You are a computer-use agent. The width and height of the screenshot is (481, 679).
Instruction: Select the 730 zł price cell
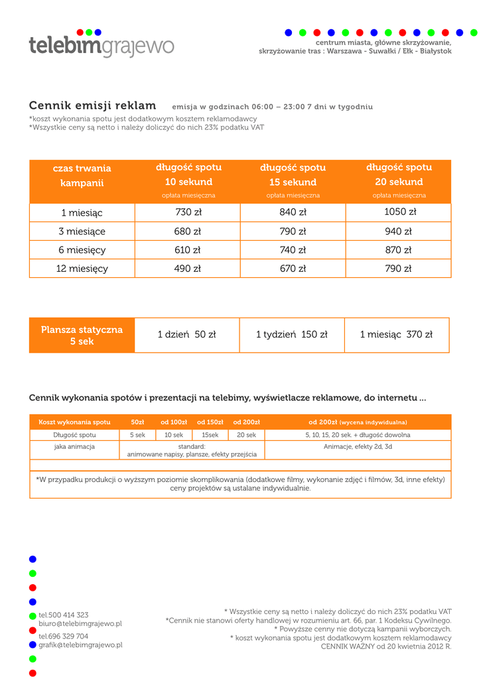(188, 212)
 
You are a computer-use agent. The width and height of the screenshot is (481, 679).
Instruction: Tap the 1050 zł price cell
(399, 212)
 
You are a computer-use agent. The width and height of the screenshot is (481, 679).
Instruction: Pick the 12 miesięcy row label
(82, 269)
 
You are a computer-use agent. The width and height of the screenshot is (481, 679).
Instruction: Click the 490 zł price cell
(188, 269)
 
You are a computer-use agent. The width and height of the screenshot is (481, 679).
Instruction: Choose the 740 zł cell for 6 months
(293, 250)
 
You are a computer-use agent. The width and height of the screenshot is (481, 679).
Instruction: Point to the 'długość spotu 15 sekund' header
(293, 175)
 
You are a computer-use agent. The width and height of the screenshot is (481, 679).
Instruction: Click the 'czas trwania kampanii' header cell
(82, 176)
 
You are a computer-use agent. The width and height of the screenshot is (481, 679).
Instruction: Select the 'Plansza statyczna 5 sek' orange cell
(82, 336)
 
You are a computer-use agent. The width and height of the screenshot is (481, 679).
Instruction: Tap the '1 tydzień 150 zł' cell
(292, 335)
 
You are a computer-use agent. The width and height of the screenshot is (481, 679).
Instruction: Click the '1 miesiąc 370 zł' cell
(396, 335)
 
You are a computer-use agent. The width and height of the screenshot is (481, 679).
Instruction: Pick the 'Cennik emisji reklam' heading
(93, 106)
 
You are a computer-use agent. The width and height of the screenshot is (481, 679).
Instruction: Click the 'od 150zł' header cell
(210, 422)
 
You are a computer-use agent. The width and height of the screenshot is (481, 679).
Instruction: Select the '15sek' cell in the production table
(210, 435)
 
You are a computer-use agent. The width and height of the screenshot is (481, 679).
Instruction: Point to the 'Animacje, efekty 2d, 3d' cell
(358, 447)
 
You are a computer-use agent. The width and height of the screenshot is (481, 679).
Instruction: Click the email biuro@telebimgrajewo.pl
(80, 624)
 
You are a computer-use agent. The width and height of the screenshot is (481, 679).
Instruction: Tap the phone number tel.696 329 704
(64, 636)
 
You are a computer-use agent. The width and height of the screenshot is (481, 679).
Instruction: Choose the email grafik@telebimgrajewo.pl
(80, 645)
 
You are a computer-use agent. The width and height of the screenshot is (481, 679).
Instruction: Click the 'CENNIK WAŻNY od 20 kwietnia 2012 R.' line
(386, 647)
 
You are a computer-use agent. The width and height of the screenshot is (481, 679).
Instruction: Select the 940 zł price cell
(399, 231)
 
